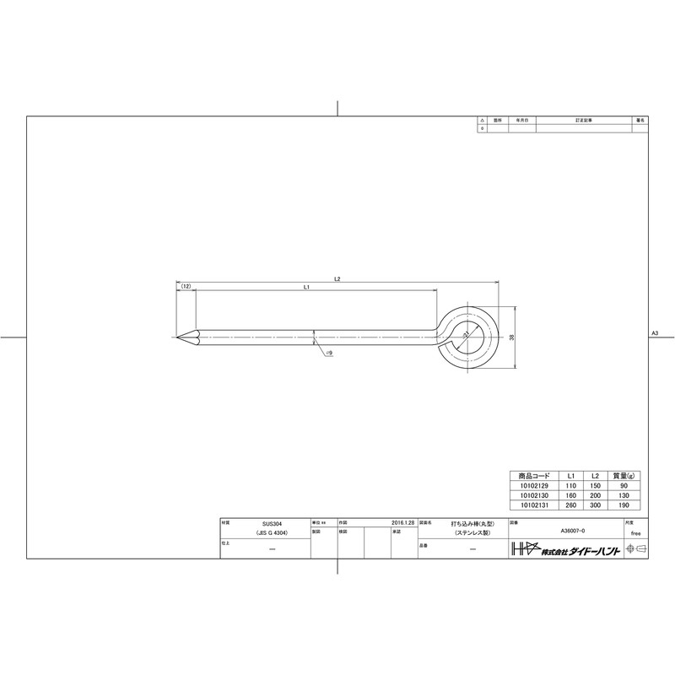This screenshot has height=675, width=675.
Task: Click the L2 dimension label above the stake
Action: click(337, 278)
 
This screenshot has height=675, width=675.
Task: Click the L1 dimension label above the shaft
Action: click(307, 288)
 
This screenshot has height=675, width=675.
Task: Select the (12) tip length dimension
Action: click(186, 288)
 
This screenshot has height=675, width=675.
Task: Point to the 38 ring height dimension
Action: click(511, 337)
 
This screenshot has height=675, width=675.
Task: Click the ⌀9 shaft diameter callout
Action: click(329, 353)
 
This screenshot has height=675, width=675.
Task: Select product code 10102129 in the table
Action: click(532, 487)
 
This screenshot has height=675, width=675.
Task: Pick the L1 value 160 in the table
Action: click(571, 496)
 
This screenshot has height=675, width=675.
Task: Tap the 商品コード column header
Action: click(532, 477)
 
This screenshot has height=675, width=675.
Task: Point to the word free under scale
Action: click(635, 533)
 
